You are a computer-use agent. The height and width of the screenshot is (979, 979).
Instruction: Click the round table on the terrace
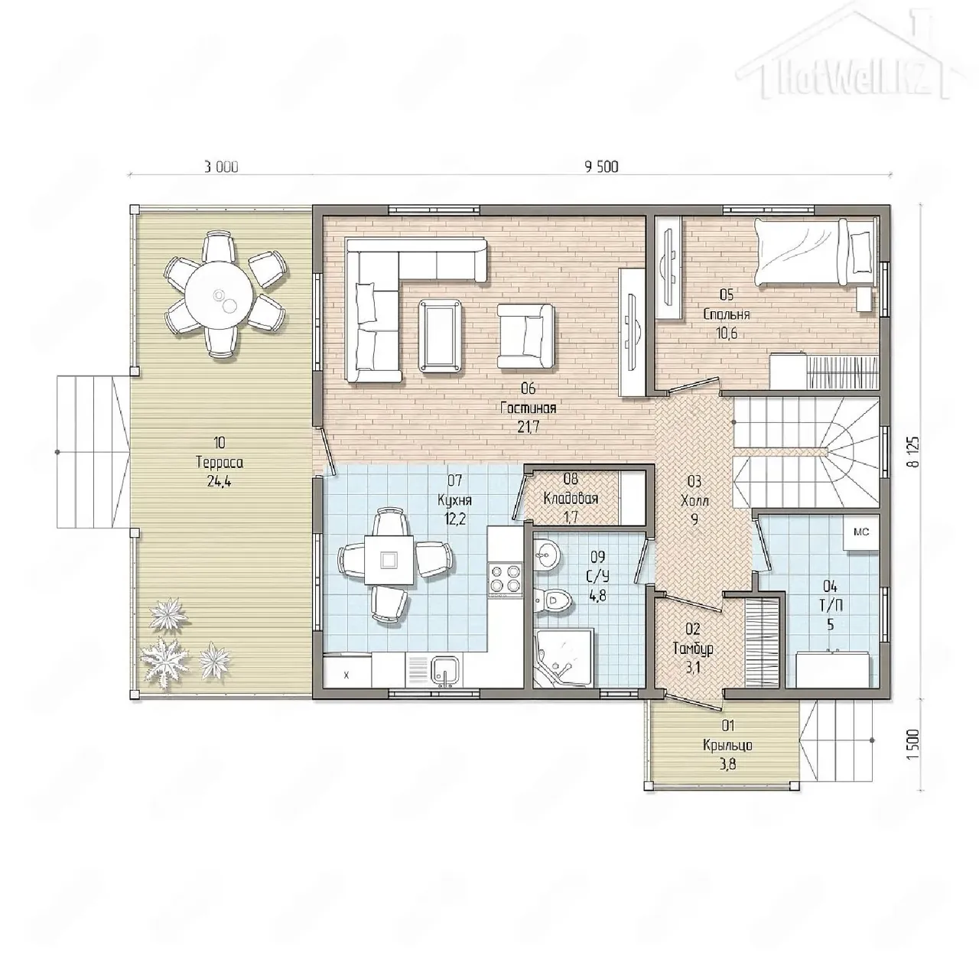click(219, 296)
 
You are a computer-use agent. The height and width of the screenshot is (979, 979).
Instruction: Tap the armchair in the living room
click(525, 336)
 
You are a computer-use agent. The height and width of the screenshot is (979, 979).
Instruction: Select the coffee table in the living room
click(441, 336)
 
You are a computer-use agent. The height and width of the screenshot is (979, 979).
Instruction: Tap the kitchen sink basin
click(447, 671)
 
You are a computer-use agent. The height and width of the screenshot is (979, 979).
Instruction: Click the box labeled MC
click(861, 532)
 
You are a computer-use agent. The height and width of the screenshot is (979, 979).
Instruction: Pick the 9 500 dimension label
click(601, 167)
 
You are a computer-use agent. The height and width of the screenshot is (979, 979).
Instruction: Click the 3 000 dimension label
click(221, 167)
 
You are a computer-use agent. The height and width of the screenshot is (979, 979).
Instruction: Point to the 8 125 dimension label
click(915, 451)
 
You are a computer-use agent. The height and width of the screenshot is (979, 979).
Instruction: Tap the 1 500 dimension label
click(915, 744)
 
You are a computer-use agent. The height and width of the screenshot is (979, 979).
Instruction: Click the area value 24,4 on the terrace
click(219, 481)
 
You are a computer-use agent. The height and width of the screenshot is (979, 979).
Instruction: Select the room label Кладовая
click(571, 499)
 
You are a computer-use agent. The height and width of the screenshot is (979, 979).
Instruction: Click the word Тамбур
click(693, 649)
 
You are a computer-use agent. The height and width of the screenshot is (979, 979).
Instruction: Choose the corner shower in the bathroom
click(564, 658)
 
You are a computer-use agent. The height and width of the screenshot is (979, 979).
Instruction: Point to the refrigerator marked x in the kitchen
click(347, 670)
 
